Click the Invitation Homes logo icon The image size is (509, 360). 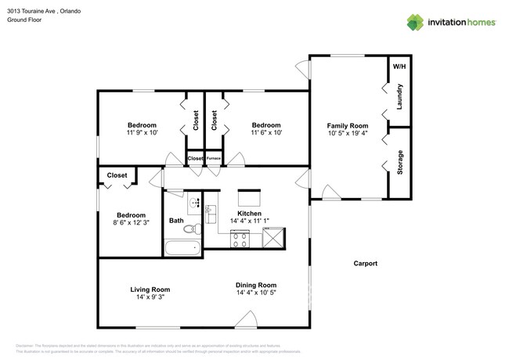pyautogui.click(x=415, y=23)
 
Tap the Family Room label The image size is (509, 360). pyautogui.click(x=347, y=125)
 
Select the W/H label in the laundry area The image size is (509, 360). pyautogui.click(x=399, y=66)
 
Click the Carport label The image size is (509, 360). pyautogui.click(x=365, y=264)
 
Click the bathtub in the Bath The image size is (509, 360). pyautogui.click(x=182, y=250)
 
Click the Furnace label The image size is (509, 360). pyautogui.click(x=213, y=159)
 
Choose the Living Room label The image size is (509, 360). pyautogui.click(x=150, y=290)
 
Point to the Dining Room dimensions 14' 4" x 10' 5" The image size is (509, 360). pyautogui.click(x=256, y=293)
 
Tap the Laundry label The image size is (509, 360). pyautogui.click(x=400, y=96)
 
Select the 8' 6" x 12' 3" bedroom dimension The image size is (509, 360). pyautogui.click(x=131, y=224)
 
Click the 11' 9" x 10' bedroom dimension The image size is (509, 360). pyautogui.click(x=142, y=133)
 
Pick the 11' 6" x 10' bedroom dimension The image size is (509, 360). pyautogui.click(x=266, y=133)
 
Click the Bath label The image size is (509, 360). pyautogui.click(x=176, y=221)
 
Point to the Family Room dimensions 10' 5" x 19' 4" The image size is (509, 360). pyautogui.click(x=347, y=134)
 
